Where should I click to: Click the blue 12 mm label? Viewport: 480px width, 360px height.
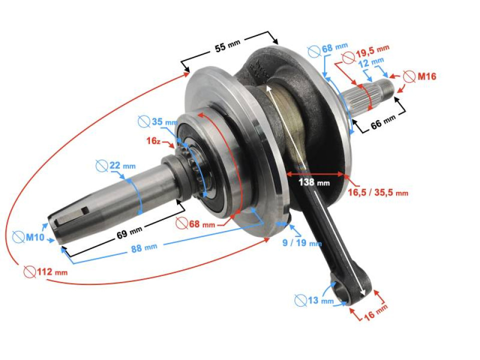click(370, 61)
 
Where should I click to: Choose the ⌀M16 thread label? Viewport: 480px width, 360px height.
click(420, 76)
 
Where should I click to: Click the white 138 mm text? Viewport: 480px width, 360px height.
click(314, 182)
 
